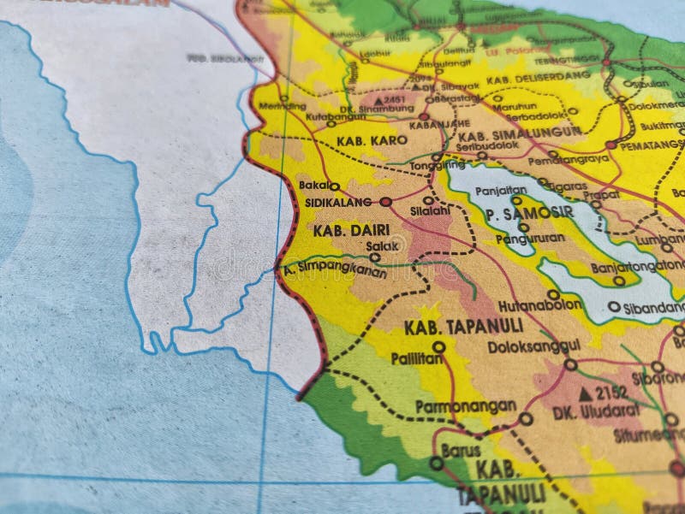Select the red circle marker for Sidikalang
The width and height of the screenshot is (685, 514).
click(385, 203)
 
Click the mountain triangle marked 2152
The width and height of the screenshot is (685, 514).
click(585, 393)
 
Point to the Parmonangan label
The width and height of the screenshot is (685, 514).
click(464, 406)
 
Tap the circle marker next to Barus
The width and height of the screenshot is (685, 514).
click(437, 464)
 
